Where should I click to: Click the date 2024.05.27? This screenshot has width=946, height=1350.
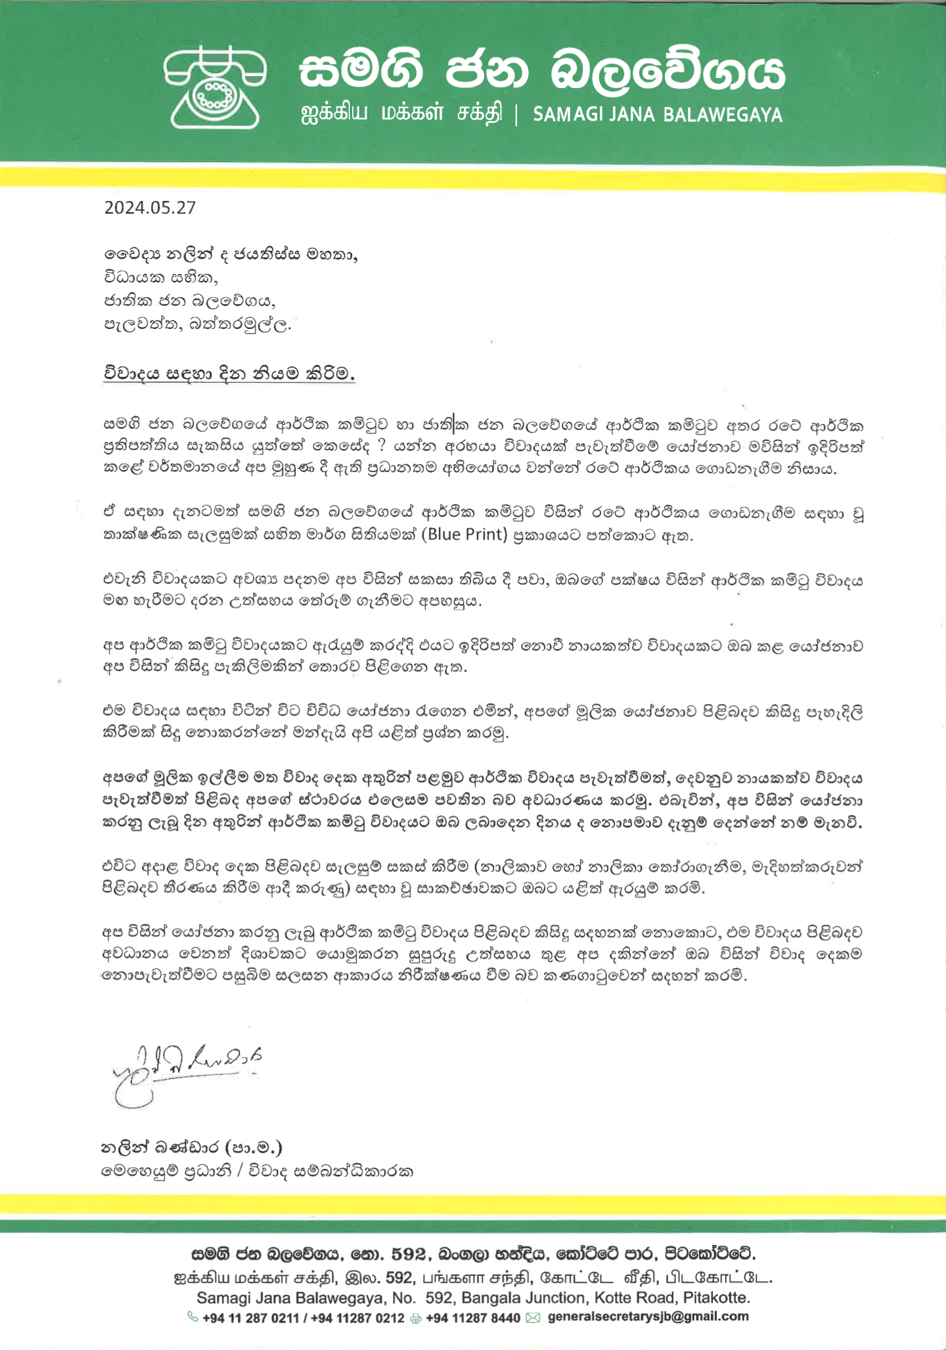click(150, 207)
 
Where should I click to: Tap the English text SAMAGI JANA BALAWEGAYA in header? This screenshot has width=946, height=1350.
click(658, 115)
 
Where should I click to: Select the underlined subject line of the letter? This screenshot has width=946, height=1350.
click(229, 374)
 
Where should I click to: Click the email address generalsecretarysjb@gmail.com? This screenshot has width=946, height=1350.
click(648, 1317)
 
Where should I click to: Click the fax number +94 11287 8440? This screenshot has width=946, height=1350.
click(473, 1318)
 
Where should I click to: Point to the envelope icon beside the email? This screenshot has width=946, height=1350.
click(533, 1318)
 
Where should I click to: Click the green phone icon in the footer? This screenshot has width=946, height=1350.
click(192, 1317)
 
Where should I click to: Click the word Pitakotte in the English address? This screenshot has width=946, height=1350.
click(716, 1297)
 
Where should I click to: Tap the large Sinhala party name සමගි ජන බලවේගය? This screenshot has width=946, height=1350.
click(542, 70)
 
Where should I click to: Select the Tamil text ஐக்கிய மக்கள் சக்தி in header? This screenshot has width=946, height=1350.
click(401, 114)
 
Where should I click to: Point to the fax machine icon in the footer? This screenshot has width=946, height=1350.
click(415, 1318)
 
